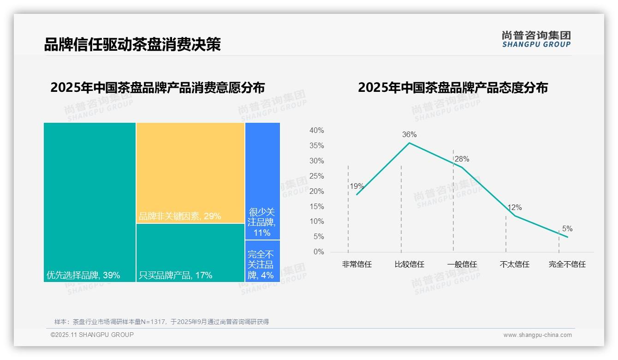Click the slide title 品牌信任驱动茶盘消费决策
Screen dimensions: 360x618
click(x=132, y=44)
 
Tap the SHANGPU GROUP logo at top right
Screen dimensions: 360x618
click(x=536, y=39)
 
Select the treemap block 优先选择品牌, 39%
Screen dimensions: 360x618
click(x=89, y=202)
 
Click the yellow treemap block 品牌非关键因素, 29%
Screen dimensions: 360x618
click(x=190, y=173)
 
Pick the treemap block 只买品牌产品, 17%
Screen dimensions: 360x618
click(x=190, y=252)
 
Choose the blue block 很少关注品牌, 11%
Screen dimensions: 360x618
click(x=262, y=181)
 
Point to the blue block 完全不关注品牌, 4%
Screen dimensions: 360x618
click(x=262, y=261)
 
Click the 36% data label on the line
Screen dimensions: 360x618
click(x=409, y=135)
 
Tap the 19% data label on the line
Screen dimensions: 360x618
click(x=357, y=186)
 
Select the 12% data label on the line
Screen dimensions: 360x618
click(x=514, y=208)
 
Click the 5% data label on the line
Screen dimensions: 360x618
click(x=567, y=229)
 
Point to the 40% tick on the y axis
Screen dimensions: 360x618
click(x=316, y=131)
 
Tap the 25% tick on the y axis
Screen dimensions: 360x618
click(x=316, y=176)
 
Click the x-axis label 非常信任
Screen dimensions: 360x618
click(x=357, y=264)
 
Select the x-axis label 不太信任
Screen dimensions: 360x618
click(x=514, y=264)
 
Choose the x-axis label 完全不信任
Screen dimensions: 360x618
click(x=567, y=264)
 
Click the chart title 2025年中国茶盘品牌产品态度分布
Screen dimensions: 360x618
click(x=452, y=88)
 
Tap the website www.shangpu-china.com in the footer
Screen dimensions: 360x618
click(x=537, y=335)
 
